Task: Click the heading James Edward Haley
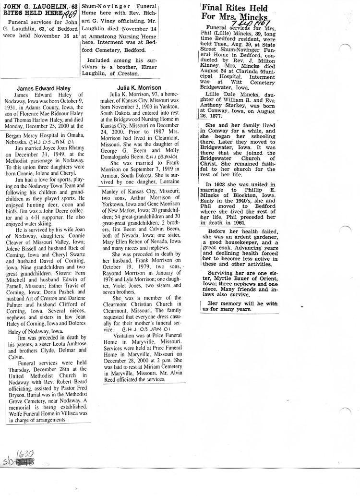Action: point(44,88)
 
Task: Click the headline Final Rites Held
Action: point(228,8)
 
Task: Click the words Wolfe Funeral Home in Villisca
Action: point(47,413)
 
